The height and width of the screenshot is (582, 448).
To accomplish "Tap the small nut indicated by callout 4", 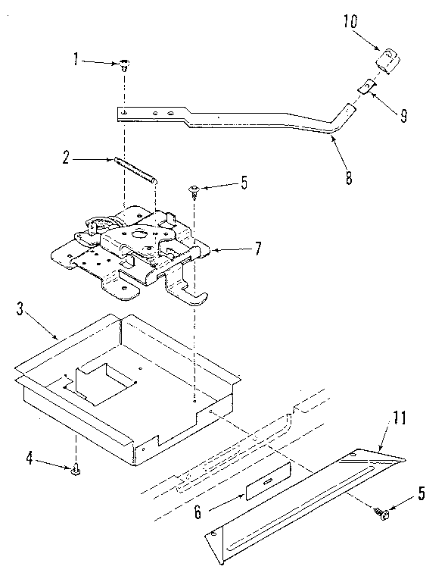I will pyautogui.click(x=76, y=471).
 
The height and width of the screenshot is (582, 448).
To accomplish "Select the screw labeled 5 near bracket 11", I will pyautogui.click(x=382, y=515).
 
